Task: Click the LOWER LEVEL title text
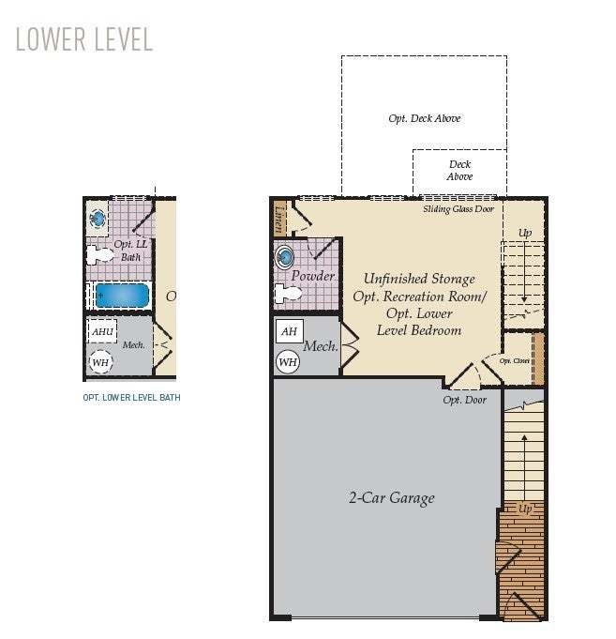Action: (83, 38)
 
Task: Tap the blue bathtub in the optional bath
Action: (121, 296)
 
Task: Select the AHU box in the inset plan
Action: (102, 331)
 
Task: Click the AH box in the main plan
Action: (289, 331)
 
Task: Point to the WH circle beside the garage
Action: (288, 361)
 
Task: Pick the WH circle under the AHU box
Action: (100, 361)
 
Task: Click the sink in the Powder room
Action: (284, 255)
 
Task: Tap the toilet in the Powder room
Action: (287, 293)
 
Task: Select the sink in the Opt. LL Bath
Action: (98, 219)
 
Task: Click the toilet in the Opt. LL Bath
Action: (99, 254)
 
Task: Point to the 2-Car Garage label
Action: (392, 498)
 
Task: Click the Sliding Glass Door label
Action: (458, 209)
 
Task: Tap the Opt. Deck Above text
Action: (424, 118)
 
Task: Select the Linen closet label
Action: (279, 221)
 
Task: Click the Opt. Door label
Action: (465, 400)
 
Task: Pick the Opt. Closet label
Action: (515, 360)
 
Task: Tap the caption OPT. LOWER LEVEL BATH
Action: (131, 398)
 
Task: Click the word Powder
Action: (312, 276)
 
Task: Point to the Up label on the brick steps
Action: (525, 509)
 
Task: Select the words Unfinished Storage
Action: (419, 279)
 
